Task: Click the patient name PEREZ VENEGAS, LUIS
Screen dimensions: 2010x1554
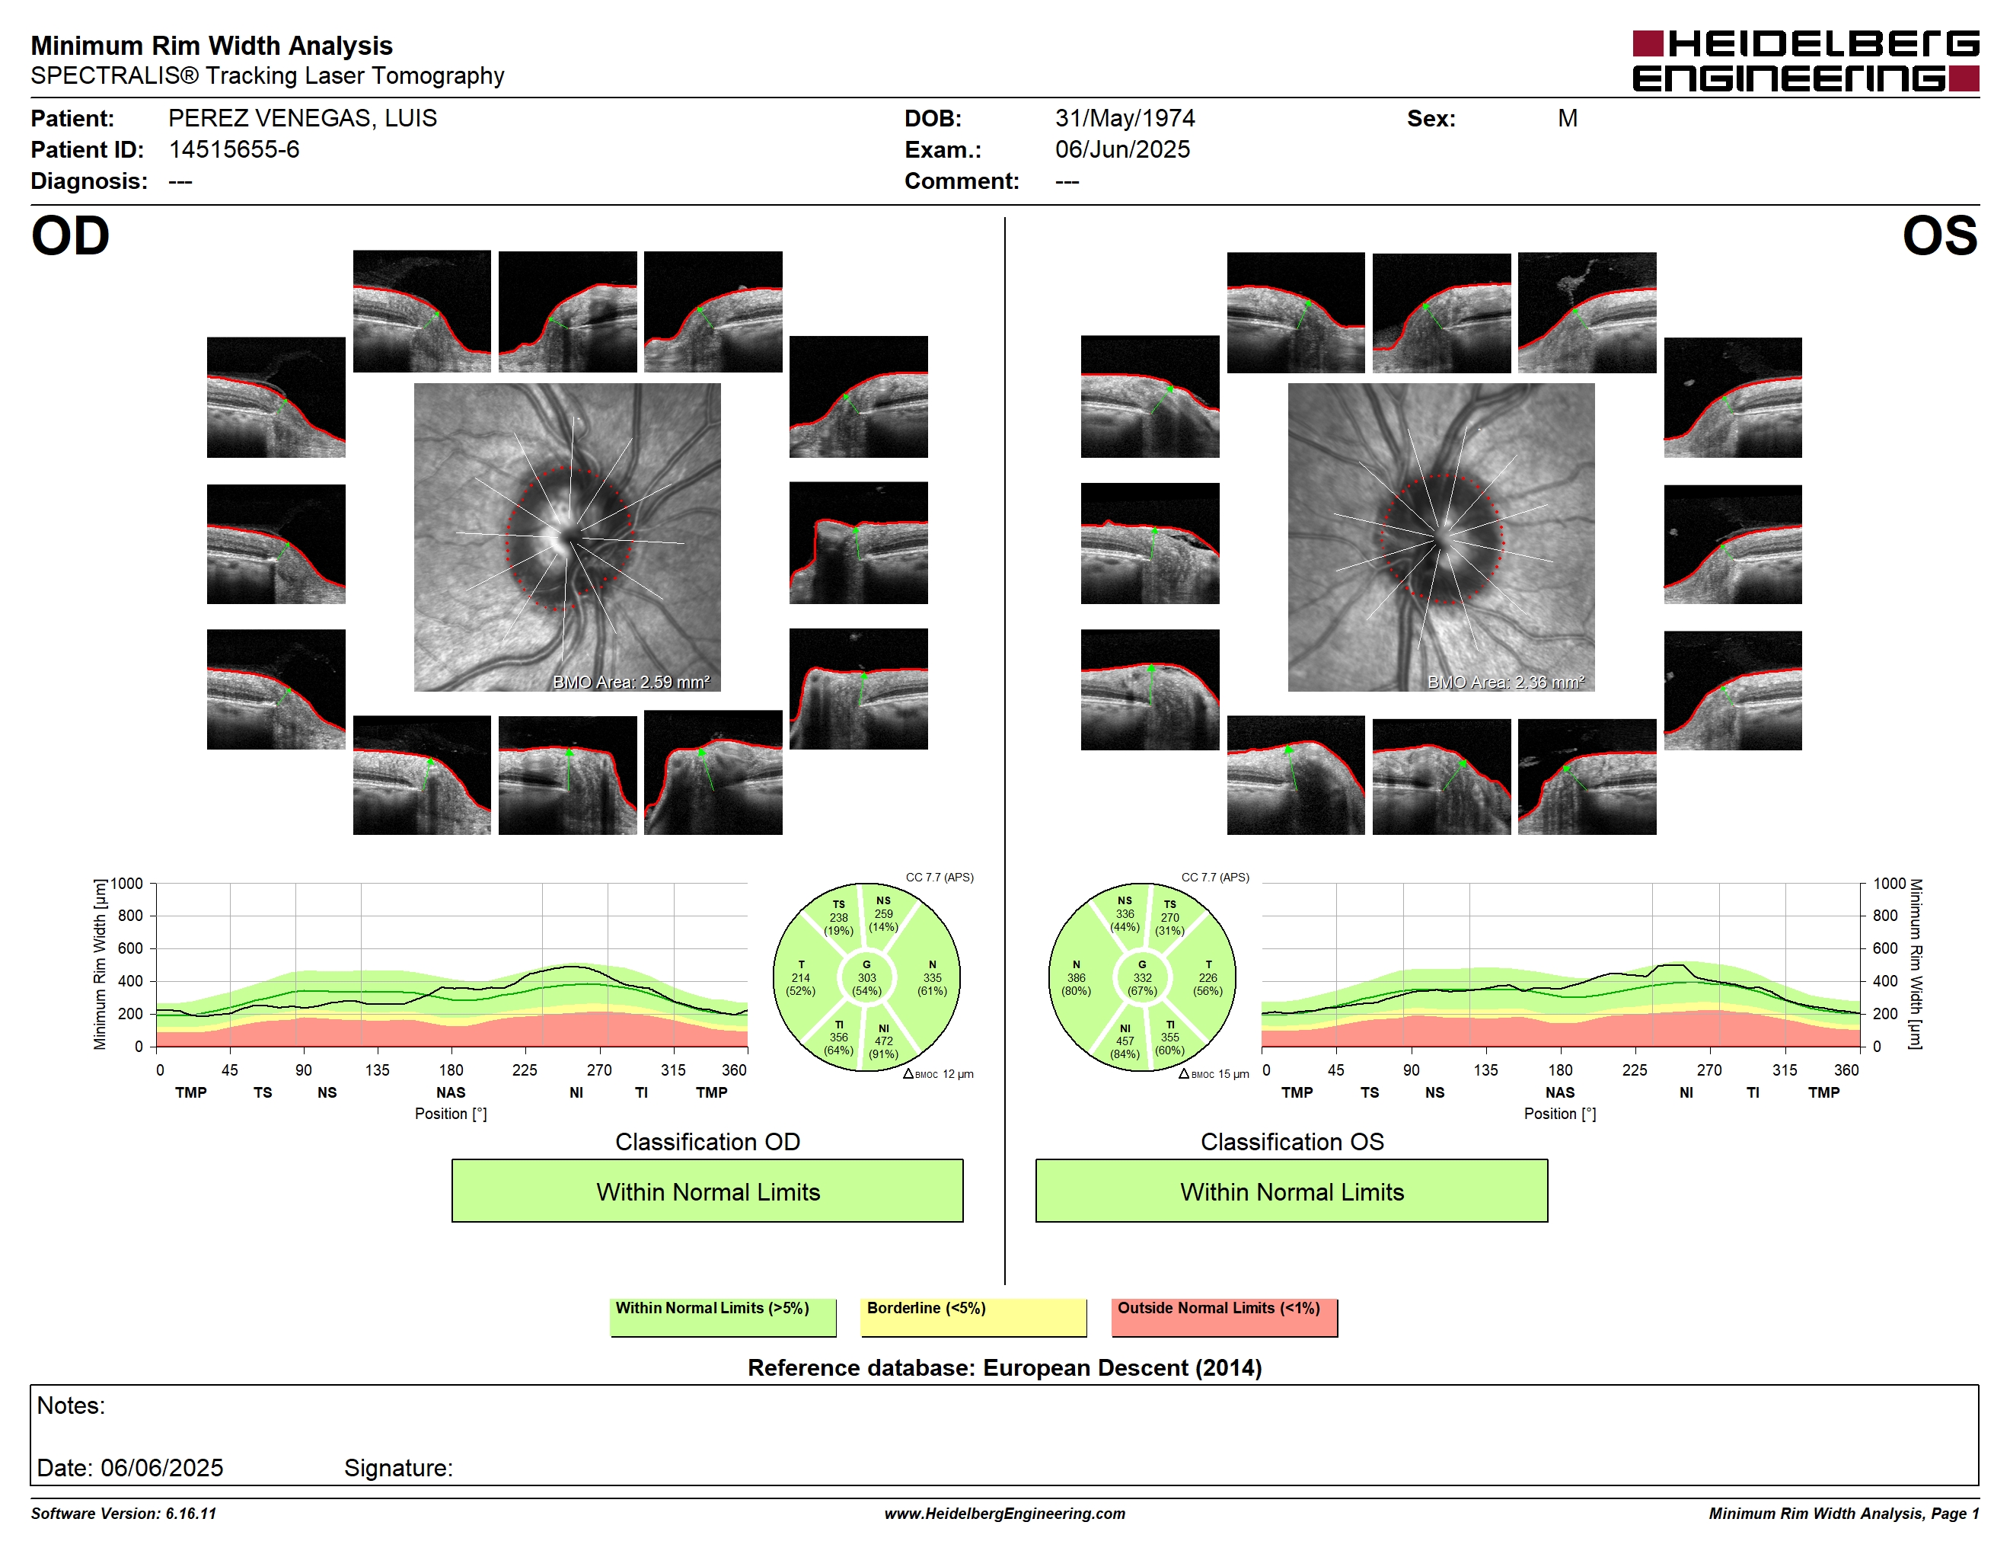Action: [x=303, y=119]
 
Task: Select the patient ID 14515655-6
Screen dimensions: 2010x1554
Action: [x=234, y=150]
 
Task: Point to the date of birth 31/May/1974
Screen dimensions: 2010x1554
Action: [x=1125, y=119]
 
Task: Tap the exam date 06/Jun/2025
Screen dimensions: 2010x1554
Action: [x=1122, y=150]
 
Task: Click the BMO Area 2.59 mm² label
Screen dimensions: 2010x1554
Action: [x=631, y=683]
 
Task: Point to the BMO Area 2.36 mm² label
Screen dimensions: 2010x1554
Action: [x=1506, y=683]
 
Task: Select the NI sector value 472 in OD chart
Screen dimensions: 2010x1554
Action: [x=883, y=1041]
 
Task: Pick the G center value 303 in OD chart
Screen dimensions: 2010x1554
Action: [x=867, y=977]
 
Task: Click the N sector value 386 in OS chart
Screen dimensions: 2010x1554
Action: [x=1076, y=977]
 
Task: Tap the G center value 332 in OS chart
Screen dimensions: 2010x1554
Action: [x=1142, y=977]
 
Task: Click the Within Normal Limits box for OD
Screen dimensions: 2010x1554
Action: [x=707, y=1191]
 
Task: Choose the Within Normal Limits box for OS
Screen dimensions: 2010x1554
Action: [x=1291, y=1191]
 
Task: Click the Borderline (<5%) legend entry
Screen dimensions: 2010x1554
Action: [x=973, y=1316]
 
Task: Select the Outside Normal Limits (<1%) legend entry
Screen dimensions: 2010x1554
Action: [x=1224, y=1316]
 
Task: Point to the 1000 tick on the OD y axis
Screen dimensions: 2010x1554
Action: [x=127, y=884]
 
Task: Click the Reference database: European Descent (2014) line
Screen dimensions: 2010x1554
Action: [x=1004, y=1368]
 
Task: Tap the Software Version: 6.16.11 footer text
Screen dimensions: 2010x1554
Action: [x=123, y=1514]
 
